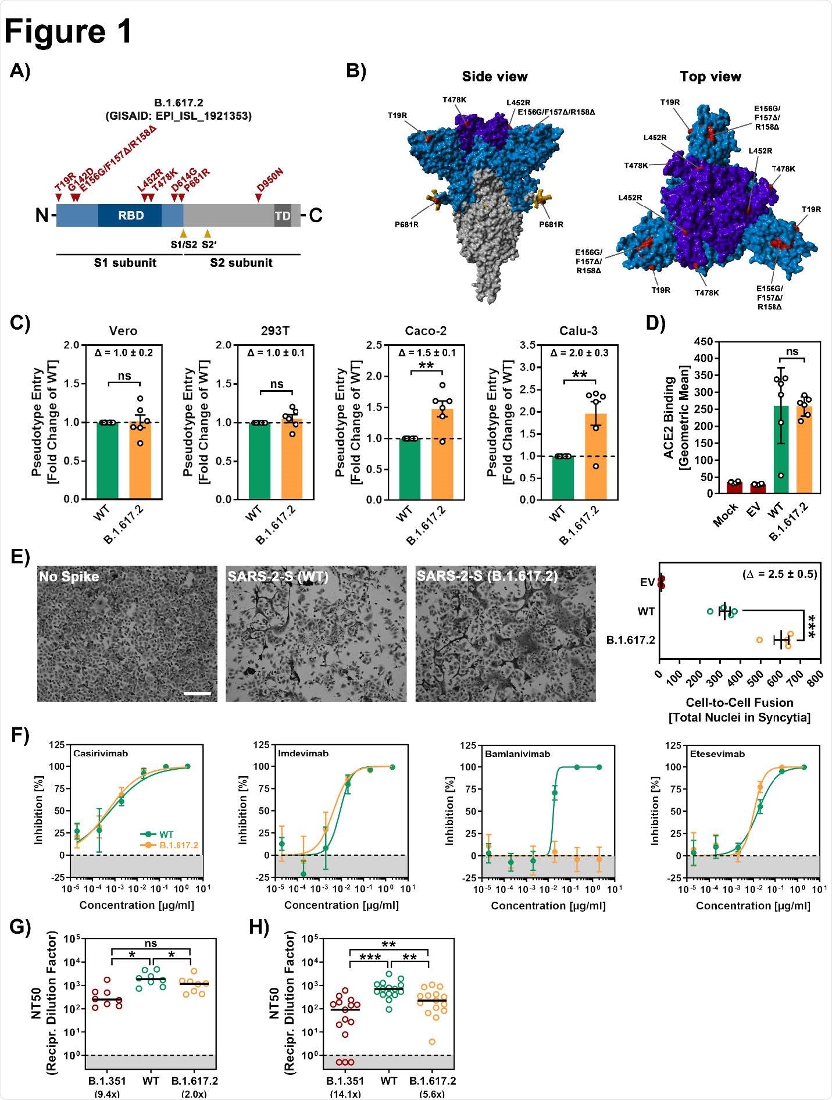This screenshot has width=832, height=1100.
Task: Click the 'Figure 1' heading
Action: [x=69, y=31]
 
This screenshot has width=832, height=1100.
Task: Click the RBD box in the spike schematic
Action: [x=130, y=216]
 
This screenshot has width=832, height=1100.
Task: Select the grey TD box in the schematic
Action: [x=283, y=216]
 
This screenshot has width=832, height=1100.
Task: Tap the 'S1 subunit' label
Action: [x=125, y=263]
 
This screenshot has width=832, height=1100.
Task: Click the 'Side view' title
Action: [x=495, y=77]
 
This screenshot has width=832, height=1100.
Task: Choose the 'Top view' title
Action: [x=710, y=77]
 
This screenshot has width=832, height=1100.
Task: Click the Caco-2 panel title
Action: [x=426, y=331]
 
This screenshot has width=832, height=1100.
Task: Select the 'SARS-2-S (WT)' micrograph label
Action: [x=277, y=577]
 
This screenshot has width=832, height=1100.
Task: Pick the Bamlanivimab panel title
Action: [x=517, y=754]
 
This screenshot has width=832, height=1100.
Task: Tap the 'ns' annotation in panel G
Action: [x=151, y=944]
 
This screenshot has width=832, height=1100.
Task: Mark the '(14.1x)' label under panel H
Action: [x=345, y=1094]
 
